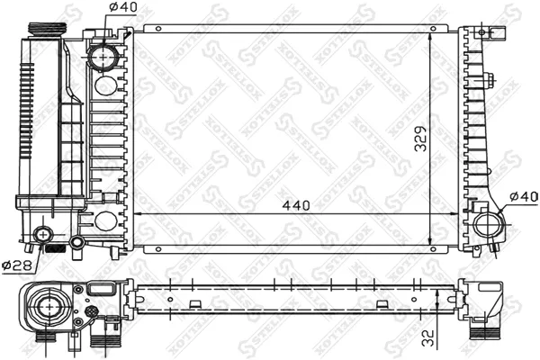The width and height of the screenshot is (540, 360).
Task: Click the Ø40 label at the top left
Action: click(x=122, y=8)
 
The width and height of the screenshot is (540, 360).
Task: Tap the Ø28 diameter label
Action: click(x=15, y=265)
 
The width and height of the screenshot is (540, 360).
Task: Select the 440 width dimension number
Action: click(x=295, y=205)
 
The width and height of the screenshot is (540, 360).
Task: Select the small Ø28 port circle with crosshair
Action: click(x=40, y=237)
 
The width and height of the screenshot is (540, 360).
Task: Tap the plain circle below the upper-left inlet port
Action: click(x=105, y=86)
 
